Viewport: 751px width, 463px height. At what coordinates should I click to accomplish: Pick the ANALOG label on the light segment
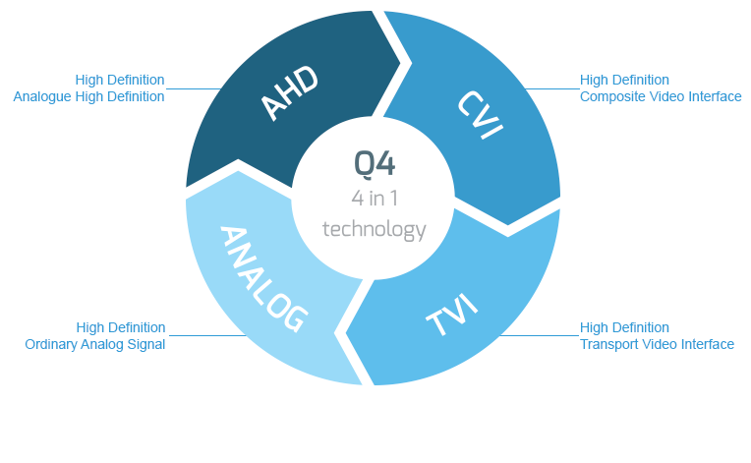[262, 278]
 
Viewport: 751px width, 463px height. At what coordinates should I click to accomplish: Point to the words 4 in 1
[374, 199]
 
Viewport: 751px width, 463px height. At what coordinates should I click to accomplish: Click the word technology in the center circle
[374, 230]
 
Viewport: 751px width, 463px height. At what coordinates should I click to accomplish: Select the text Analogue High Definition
[88, 96]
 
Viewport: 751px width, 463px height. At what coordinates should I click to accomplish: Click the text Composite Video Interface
[661, 96]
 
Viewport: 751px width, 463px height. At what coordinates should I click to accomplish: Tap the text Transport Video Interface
[657, 344]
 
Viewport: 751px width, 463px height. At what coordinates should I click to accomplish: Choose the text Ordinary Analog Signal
[95, 344]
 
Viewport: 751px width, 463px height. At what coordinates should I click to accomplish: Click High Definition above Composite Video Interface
[624, 80]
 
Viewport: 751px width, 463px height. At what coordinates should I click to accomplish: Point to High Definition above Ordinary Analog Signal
[121, 327]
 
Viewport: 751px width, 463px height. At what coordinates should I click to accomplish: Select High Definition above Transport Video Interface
[624, 327]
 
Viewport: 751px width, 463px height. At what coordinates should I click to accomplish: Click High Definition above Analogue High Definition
[120, 80]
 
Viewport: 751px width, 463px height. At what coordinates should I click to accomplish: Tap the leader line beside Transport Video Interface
[536, 336]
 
